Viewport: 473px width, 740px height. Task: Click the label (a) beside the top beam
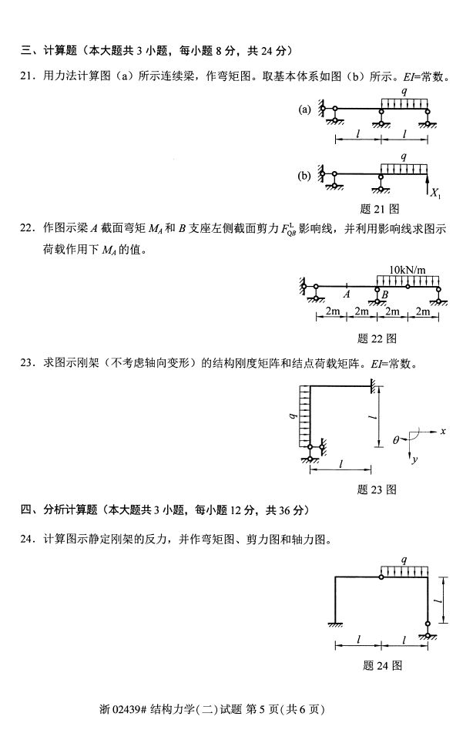304,109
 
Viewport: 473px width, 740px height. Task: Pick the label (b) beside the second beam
304,176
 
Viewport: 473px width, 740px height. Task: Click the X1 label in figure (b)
436,193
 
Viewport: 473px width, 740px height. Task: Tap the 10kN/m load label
409,270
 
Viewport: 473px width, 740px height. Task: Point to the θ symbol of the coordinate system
397,440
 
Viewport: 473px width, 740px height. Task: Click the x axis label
444,430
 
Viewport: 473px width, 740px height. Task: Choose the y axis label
416,459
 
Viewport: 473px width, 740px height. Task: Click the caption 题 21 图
380,208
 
